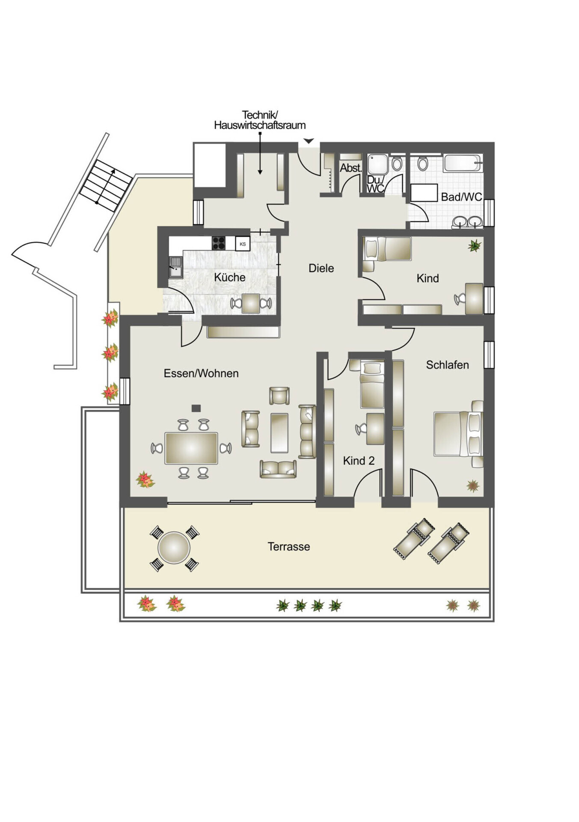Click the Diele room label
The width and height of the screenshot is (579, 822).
coord(321,268)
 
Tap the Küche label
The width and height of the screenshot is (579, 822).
coord(230,277)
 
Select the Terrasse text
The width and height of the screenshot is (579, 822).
coord(289,547)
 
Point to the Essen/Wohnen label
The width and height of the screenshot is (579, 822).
coord(201,373)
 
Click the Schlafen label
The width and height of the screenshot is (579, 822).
coord(447,365)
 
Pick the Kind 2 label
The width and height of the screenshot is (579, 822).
coord(359,461)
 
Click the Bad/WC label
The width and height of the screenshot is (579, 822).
coord(461,197)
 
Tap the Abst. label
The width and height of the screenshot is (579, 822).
coord(351,168)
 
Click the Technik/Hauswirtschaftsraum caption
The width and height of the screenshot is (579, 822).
coord(260,120)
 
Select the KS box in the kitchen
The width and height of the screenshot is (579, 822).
coord(243,244)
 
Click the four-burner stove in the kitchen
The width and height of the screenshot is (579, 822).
coord(219,243)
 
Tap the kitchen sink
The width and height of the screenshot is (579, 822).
coord(175,267)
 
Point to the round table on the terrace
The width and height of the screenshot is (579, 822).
coord(174,548)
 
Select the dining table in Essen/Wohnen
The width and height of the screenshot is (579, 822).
coord(191,448)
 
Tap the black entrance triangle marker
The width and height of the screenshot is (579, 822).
coord(309,141)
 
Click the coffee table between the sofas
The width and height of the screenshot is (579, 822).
coord(279,432)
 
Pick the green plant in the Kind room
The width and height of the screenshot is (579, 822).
coord(475,246)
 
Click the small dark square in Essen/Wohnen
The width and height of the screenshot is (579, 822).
coord(196,408)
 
